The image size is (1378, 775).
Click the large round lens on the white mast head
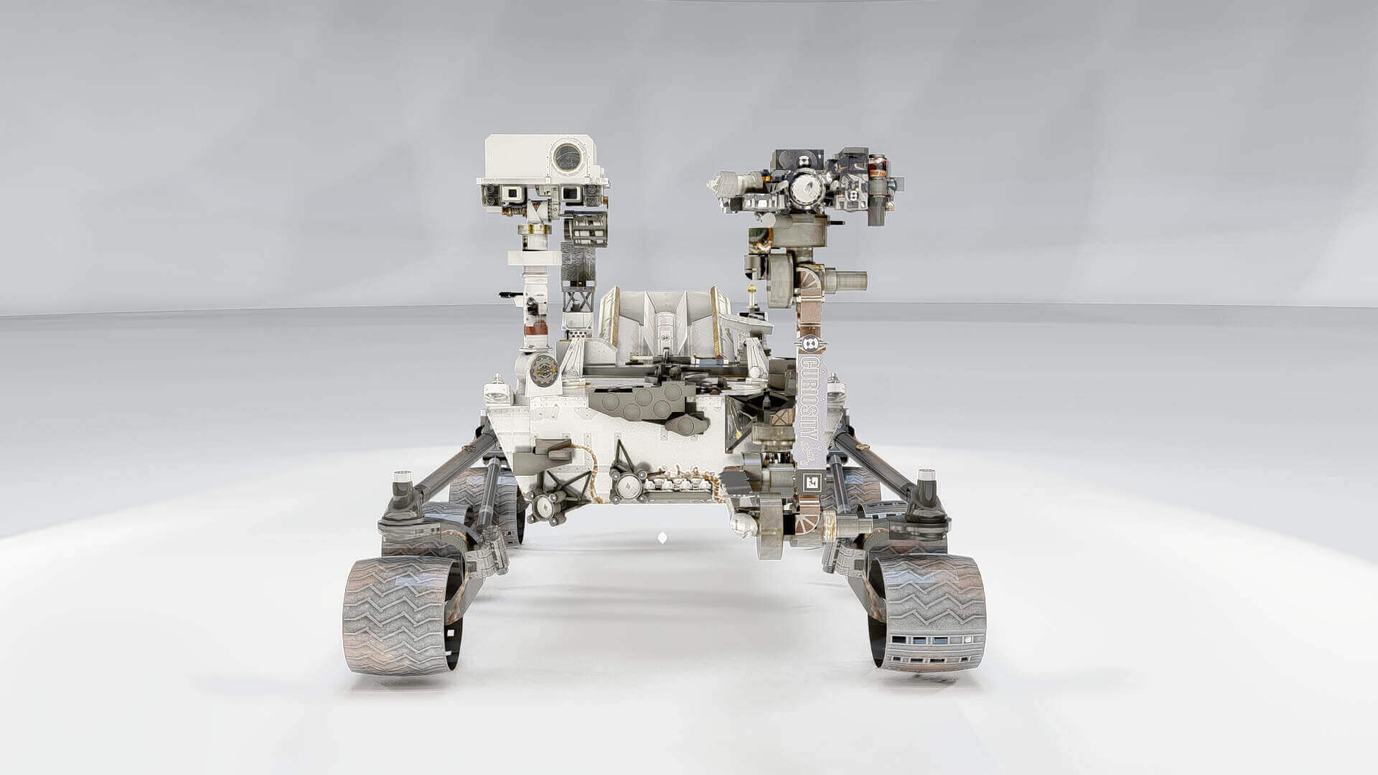[567, 156]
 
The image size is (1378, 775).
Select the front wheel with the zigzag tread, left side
[400, 615]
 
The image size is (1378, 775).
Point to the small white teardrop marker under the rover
[662, 537]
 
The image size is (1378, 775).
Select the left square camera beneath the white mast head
[512, 193]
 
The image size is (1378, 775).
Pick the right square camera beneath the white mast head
[571, 193]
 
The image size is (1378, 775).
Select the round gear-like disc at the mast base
[543, 370]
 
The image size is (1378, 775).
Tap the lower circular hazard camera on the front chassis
[543, 508]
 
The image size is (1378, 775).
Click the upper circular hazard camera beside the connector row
[626, 487]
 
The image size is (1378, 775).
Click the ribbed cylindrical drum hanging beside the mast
[587, 229]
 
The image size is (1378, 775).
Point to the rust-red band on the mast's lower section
[535, 330]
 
